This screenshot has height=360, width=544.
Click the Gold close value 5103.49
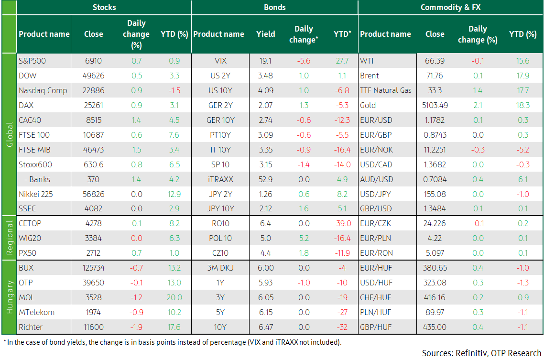435,105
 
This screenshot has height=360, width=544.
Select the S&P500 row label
32,61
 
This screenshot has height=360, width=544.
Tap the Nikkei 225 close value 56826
93,194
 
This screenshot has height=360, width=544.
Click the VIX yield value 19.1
265,61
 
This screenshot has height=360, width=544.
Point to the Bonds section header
275,7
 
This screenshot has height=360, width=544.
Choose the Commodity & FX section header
450,7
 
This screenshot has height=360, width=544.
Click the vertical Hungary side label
10,297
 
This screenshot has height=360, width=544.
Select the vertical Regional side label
10,238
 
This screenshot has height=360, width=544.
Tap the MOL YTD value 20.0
174,297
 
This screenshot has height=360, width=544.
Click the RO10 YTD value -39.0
342,223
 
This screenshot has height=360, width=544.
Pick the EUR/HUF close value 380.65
435,268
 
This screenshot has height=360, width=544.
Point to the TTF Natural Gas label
385,90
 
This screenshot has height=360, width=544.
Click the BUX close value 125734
93,268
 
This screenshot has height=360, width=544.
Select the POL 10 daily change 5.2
304,238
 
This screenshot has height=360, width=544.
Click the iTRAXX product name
220,179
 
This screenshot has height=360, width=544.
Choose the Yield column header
265,34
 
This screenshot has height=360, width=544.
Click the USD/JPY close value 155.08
435,194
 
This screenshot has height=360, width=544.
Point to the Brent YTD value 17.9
522,76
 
